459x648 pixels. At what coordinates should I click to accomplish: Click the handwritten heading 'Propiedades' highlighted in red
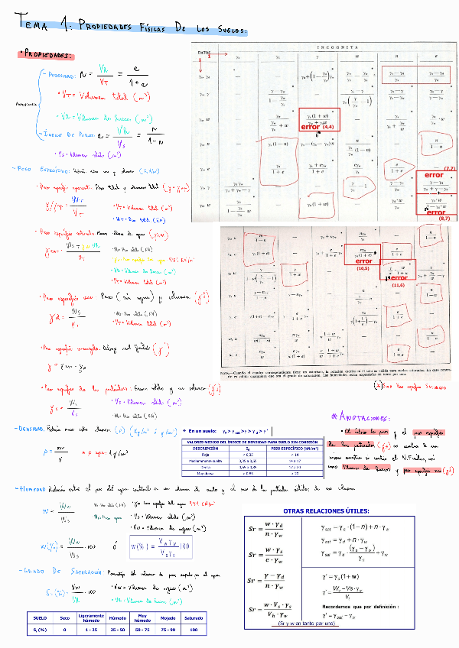click(x=47, y=55)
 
